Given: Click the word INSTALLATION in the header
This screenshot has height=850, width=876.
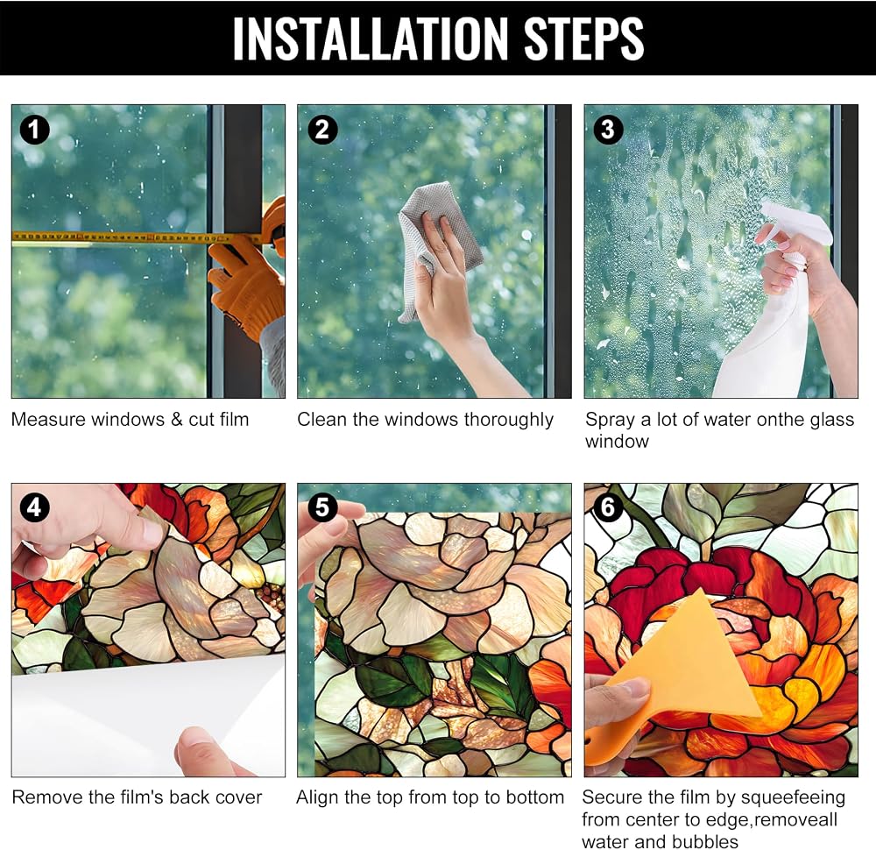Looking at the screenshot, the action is click(371, 39).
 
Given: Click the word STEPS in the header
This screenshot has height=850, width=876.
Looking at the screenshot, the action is click(583, 39).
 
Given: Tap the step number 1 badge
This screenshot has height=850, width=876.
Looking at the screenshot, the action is click(35, 131).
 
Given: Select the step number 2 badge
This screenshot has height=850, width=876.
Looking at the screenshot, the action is click(322, 131).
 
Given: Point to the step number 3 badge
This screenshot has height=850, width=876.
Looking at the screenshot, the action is click(608, 131).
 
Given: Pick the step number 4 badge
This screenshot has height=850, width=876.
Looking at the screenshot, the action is click(35, 507).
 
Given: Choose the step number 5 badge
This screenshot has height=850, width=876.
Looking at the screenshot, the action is click(322, 507).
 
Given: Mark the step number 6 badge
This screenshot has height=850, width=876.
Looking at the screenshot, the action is click(608, 507).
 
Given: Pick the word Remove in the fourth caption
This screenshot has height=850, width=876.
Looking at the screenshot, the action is click(45, 797).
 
